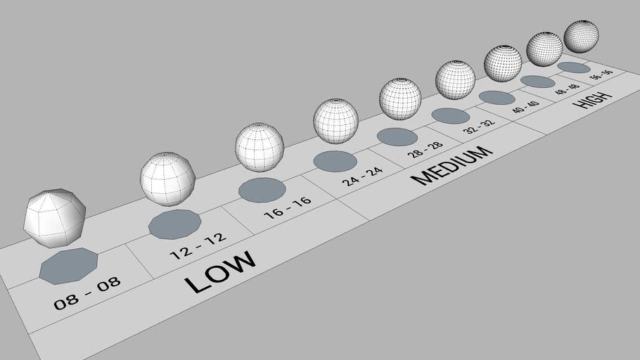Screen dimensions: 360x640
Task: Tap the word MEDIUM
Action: pyautogui.click(x=450, y=165)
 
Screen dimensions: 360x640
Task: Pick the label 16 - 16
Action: pyautogui.click(x=288, y=209)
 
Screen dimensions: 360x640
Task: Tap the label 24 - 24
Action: pyautogui.click(x=363, y=175)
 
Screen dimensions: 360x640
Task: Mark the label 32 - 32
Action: pyautogui.click(x=478, y=127)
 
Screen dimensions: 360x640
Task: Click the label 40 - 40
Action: pyautogui.click(x=525, y=107)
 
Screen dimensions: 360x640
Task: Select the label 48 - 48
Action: pyautogui.click(x=567, y=89)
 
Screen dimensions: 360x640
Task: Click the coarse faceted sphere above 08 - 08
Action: pyautogui.click(x=55, y=217)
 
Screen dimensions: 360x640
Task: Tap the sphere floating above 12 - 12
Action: pyautogui.click(x=168, y=178)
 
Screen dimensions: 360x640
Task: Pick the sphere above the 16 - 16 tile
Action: pyautogui.click(x=260, y=147)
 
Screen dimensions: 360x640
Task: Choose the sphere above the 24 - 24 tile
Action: pyautogui.click(x=335, y=121)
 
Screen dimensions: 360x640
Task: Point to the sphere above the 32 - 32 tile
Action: pyautogui.click(x=456, y=79)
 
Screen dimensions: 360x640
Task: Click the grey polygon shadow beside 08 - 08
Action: pyautogui.click(x=68, y=266)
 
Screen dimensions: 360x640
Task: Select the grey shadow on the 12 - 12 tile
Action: pyautogui.click(x=175, y=224)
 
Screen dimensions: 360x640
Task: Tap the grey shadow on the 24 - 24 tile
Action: pyautogui.click(x=335, y=160)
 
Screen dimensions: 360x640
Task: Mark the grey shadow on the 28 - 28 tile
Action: pyautogui.click(x=397, y=136)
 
